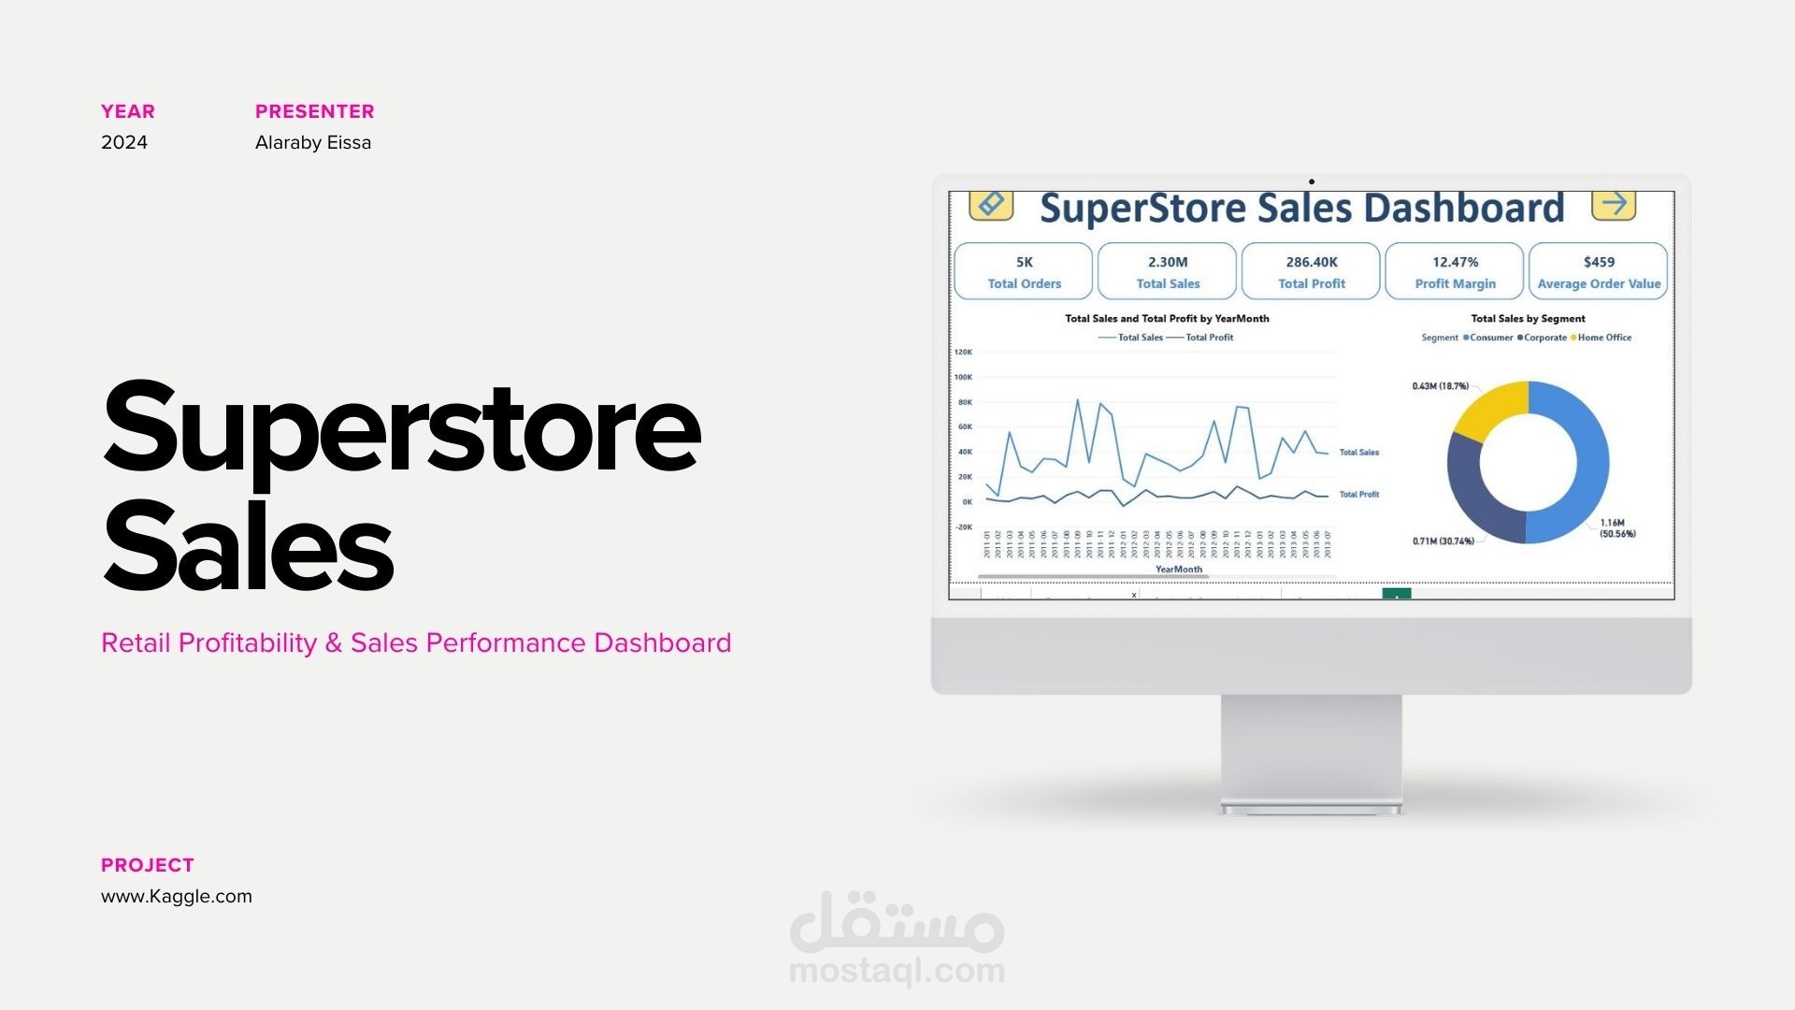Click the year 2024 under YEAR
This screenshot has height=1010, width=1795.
tap(124, 142)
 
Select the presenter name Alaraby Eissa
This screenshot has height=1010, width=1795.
tap(313, 142)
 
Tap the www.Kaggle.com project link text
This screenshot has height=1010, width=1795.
tap(177, 896)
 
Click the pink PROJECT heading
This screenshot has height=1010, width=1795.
tap(148, 865)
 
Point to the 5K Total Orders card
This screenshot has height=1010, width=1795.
tap(1024, 271)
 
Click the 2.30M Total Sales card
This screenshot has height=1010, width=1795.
tap(1168, 271)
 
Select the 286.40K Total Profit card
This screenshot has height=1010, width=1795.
tap(1311, 271)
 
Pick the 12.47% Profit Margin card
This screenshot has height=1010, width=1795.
tap(1455, 271)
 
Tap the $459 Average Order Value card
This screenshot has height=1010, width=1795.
tap(1599, 271)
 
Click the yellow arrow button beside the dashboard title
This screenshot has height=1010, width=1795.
tap(1614, 204)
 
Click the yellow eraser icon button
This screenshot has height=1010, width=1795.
tap(991, 204)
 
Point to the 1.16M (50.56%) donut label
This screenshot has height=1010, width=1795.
tap(1617, 528)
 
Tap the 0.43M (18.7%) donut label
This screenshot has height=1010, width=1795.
tap(1440, 386)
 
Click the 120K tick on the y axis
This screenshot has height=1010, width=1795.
tap(963, 353)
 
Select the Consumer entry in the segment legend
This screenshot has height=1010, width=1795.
tap(1490, 338)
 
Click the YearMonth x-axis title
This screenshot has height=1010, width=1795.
tap(1178, 570)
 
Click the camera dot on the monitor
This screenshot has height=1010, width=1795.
tap(1312, 181)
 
